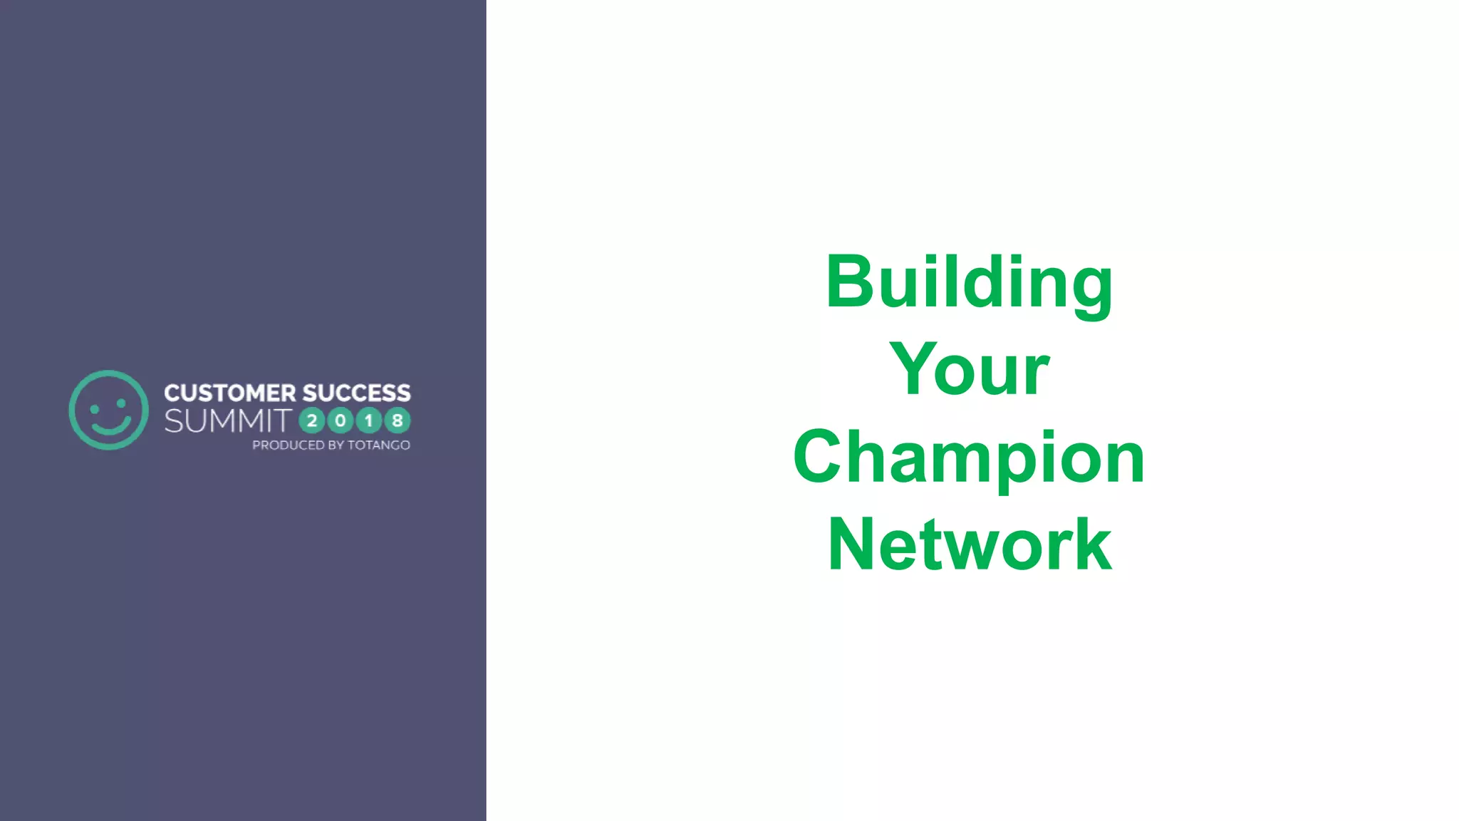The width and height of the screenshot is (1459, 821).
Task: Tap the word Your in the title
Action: tap(969, 370)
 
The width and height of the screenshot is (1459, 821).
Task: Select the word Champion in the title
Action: tap(969, 458)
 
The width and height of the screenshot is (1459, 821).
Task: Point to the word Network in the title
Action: tap(969, 545)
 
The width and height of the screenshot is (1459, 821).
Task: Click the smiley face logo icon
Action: tap(108, 410)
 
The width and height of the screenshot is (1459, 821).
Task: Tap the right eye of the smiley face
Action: tap(121, 403)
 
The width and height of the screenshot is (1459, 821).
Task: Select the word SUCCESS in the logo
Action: tap(356, 393)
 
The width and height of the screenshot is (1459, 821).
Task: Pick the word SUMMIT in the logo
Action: tap(228, 421)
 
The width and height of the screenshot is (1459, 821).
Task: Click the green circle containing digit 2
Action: tap(312, 421)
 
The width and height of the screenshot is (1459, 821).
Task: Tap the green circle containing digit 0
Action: tap(341, 421)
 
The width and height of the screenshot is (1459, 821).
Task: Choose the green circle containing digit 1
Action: tap(369, 421)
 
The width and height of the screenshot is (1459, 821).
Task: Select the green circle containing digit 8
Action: tap(398, 421)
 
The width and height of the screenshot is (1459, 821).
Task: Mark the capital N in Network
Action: tap(852, 545)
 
